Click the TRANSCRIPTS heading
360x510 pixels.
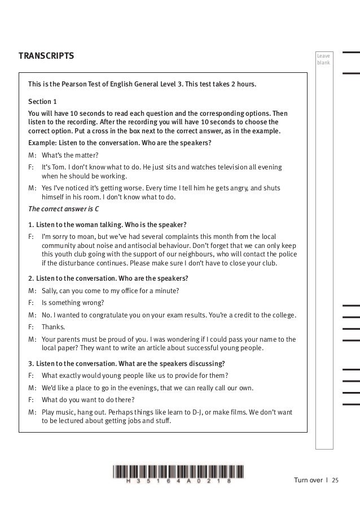[46, 56]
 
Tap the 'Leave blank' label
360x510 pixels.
[323, 59]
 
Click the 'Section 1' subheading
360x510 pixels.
[42, 102]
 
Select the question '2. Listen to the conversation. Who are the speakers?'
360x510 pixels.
[108, 278]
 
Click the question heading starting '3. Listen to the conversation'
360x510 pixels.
[126, 363]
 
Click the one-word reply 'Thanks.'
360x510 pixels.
[54, 326]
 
